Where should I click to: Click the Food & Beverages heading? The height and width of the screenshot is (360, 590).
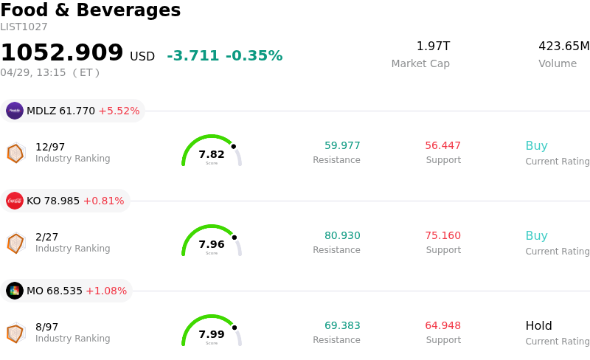tap(91, 10)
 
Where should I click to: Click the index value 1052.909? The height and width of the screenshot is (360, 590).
tap(62, 52)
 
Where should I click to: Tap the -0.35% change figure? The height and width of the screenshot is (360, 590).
tap(254, 56)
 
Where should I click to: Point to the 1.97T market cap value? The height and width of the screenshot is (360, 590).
tap(433, 46)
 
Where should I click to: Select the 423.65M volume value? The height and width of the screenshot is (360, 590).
tap(563, 46)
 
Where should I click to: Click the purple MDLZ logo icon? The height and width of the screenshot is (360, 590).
tap(15, 111)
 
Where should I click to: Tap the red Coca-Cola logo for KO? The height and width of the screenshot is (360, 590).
tap(15, 201)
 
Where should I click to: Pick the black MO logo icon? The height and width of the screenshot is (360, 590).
tap(15, 291)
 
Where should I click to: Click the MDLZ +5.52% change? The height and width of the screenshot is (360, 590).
tap(119, 111)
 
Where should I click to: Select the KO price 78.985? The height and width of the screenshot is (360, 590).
tap(62, 201)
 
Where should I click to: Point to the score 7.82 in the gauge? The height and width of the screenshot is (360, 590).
tap(212, 154)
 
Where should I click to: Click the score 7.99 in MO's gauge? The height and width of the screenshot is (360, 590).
tap(212, 334)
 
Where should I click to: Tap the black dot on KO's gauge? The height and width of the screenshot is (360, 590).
tap(235, 237)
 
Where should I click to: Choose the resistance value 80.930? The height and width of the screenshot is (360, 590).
tap(342, 236)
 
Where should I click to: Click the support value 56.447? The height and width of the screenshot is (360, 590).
tap(442, 146)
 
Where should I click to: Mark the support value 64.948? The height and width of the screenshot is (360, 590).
tap(442, 326)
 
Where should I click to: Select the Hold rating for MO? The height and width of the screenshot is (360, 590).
tap(538, 326)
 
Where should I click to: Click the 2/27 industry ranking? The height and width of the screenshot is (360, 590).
tap(46, 237)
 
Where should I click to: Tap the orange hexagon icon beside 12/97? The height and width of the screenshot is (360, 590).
tap(15, 153)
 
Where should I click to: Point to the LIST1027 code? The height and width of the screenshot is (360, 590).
tap(24, 27)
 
